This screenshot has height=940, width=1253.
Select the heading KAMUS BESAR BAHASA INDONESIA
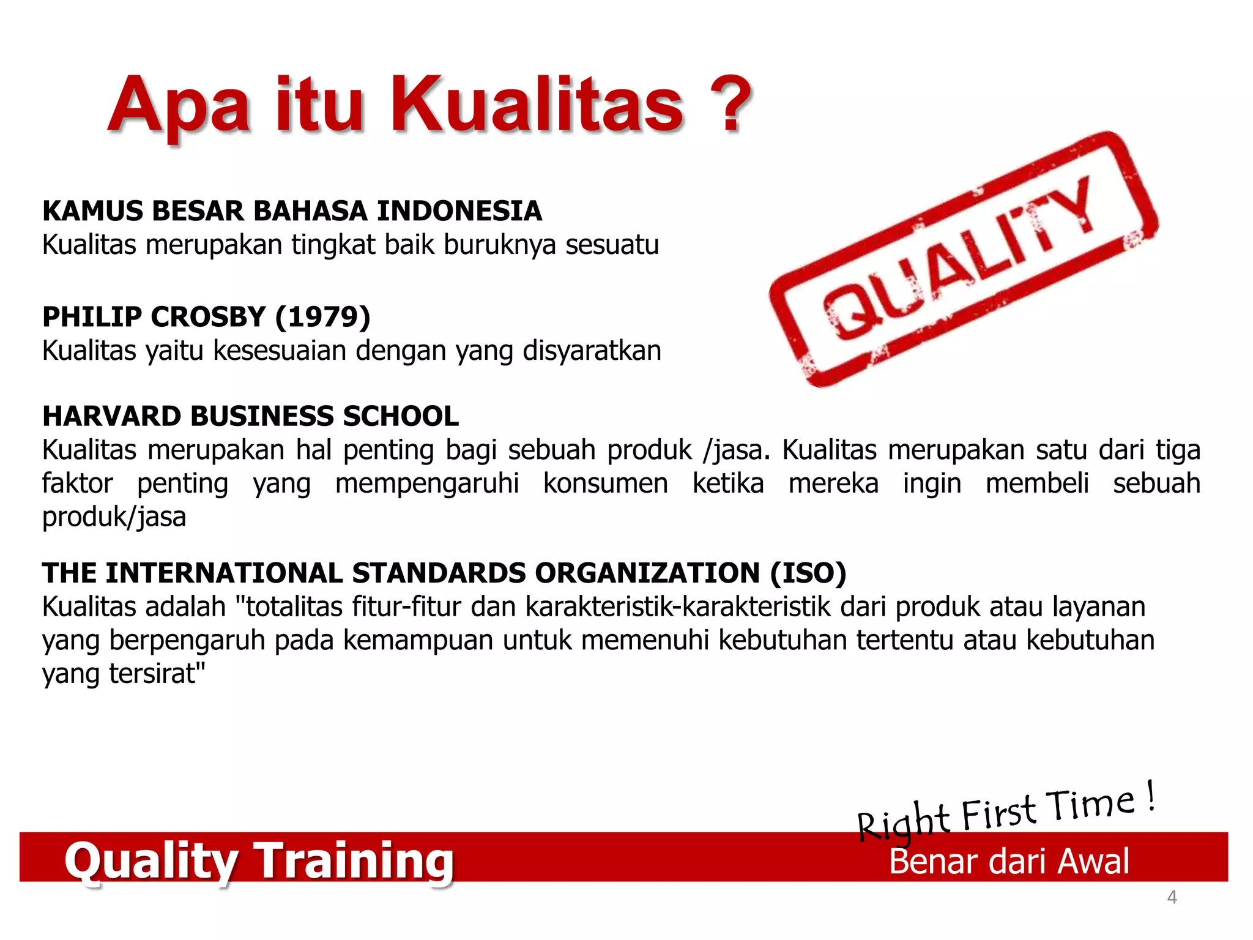point(292,211)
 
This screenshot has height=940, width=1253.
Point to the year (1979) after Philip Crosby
point(322,317)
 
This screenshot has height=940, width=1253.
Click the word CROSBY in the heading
point(208,317)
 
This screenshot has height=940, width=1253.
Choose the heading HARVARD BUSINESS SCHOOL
point(250,417)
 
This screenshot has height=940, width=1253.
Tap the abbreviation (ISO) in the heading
point(808,573)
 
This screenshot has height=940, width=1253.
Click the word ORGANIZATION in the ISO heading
point(647,573)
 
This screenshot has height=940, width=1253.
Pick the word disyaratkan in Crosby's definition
point(592,351)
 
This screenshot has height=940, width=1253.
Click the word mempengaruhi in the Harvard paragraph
point(427,483)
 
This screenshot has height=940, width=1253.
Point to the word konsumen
point(605,483)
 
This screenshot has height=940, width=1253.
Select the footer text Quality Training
point(259,860)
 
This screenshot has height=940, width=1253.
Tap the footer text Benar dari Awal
point(1009,862)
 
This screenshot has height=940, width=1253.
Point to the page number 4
point(1172,897)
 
